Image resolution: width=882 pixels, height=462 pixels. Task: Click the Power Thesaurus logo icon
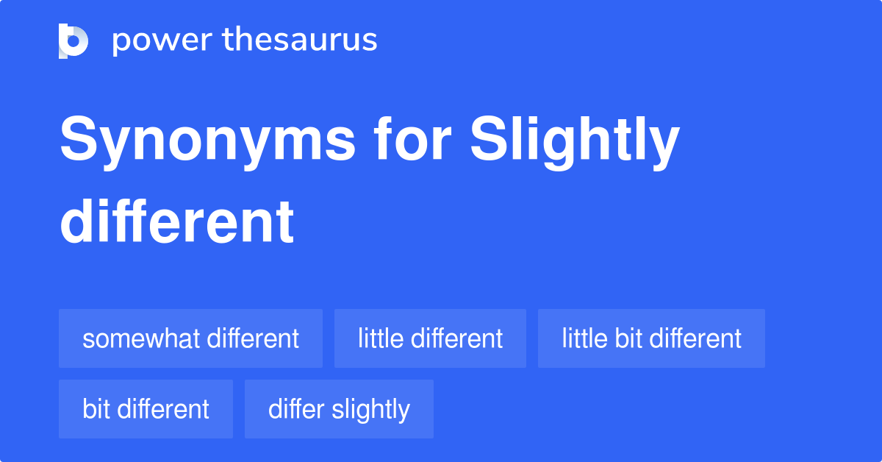[x=73, y=40]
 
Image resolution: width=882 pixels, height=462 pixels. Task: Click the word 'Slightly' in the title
[x=575, y=141]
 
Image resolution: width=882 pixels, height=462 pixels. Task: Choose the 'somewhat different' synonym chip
[x=190, y=338]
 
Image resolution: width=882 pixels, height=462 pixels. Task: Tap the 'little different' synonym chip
[x=430, y=338]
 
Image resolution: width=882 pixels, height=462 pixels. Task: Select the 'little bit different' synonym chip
[x=651, y=338]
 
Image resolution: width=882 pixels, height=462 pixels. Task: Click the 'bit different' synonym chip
[x=146, y=409]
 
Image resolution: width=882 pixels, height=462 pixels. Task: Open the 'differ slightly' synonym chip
[x=339, y=409]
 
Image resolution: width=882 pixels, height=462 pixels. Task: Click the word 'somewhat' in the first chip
[x=141, y=338]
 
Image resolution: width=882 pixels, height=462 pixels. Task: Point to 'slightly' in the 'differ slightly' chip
[x=370, y=410]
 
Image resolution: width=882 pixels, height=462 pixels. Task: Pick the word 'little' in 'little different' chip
[x=380, y=338]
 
